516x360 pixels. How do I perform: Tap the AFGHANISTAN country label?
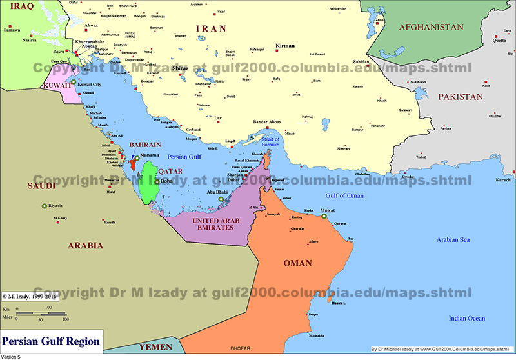(431, 27)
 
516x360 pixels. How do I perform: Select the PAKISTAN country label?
(460, 97)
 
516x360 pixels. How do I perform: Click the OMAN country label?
(297, 263)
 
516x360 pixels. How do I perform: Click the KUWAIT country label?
(57, 85)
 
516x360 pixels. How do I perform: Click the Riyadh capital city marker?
(44, 206)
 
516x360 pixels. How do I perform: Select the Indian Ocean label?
(466, 319)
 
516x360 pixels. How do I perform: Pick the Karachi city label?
(503, 179)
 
